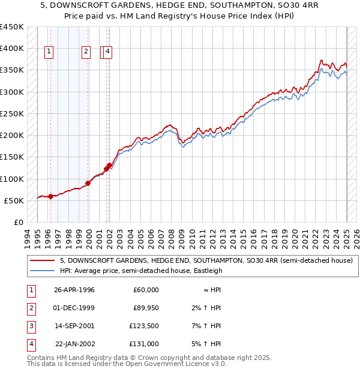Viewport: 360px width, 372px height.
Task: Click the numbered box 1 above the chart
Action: tap(49, 52)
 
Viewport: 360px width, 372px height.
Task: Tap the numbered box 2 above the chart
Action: tap(86, 52)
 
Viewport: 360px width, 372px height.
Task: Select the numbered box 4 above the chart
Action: tap(107, 52)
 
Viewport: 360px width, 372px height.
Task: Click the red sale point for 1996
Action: tap(50, 196)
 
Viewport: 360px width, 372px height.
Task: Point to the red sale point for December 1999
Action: tap(88, 183)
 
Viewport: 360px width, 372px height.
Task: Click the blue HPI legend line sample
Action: tap(42, 271)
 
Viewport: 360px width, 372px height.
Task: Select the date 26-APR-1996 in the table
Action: tap(74, 290)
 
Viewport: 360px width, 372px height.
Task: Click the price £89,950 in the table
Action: tap(146, 308)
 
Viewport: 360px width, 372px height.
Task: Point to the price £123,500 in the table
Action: tap(145, 326)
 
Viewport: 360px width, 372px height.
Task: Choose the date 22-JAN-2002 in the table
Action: tap(74, 344)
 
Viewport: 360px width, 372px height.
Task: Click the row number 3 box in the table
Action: tap(31, 326)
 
